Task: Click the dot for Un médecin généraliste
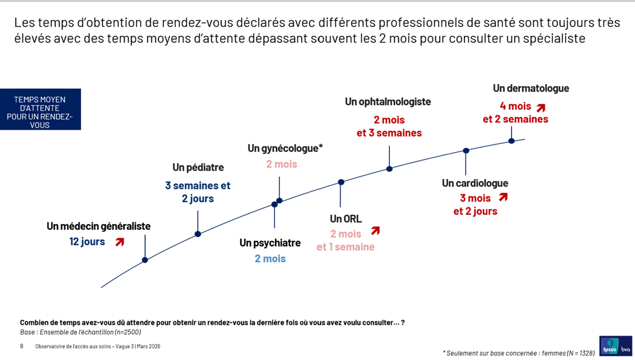pos(145,260)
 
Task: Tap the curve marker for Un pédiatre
pos(198,234)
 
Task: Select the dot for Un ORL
pos(341,182)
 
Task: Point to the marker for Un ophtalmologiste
pos(389,169)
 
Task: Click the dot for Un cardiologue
pos(466,151)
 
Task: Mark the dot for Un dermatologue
pos(512,141)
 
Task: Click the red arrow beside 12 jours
pos(120,242)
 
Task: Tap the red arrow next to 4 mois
pos(541,108)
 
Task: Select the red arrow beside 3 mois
pos(503,197)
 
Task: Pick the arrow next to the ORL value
pos(375,230)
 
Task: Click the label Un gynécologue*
pos(285,149)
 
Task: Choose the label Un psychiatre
pos(270,243)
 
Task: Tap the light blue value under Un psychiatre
pos(270,258)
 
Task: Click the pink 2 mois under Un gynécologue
pos(281,164)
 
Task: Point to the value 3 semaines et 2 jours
pos(198,192)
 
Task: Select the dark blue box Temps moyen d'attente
pos(40,109)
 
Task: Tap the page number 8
pos(22,346)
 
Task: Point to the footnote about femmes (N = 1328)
pos(518,353)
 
